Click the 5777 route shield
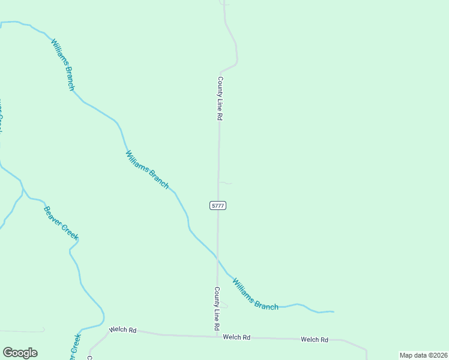pyautogui.click(x=218, y=206)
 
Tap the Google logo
pyautogui.click(x=20, y=353)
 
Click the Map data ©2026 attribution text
pyautogui.click(x=423, y=355)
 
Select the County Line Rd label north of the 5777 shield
pyautogui.click(x=220, y=99)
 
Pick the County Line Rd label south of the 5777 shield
pyautogui.click(x=216, y=309)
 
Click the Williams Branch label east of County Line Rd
pyautogui.click(x=255, y=294)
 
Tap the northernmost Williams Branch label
pyautogui.click(x=63, y=65)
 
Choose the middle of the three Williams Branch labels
pyautogui.click(x=147, y=170)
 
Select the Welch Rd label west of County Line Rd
pyautogui.click(x=122, y=331)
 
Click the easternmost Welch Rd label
pyautogui.click(x=315, y=340)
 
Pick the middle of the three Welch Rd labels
pyautogui.click(x=237, y=337)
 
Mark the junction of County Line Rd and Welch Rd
pyautogui.click(x=217, y=336)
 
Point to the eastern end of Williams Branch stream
pyautogui.click(x=333, y=311)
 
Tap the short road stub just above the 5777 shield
pyautogui.click(x=225, y=182)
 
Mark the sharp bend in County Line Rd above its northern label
pyautogui.click(x=236, y=62)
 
